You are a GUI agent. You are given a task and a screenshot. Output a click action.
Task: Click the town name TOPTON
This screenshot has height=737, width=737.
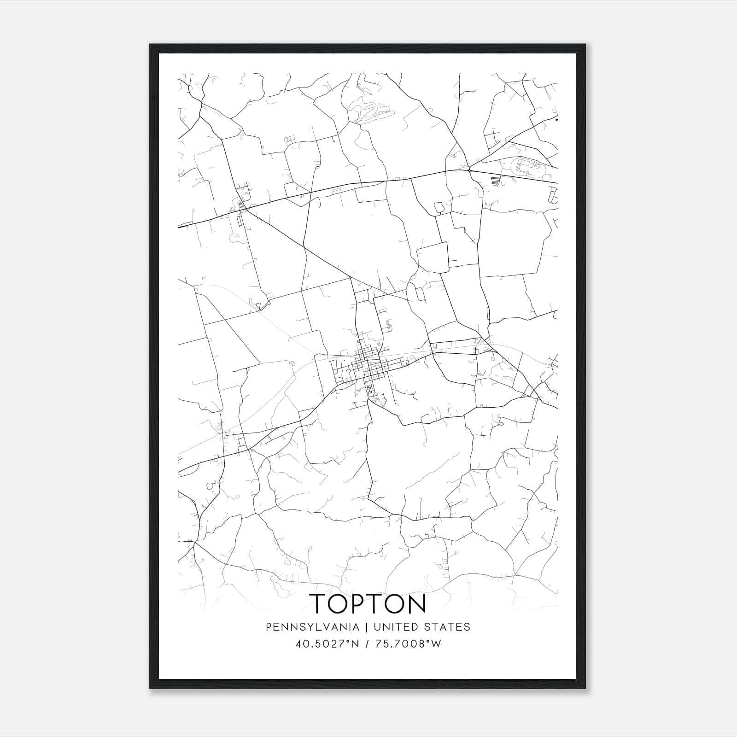pos(368,604)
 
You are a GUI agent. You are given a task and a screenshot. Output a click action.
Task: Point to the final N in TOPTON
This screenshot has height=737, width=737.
pos(416,604)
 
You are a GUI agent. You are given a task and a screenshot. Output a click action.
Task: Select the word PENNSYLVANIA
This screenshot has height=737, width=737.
pos(306,627)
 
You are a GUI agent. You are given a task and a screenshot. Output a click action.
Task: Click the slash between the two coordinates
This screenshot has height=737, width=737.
pos(367,644)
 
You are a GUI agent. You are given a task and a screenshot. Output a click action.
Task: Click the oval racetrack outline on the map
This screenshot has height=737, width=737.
pos(526,166)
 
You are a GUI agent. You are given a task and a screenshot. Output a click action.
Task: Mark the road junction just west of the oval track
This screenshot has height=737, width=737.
pos(469,170)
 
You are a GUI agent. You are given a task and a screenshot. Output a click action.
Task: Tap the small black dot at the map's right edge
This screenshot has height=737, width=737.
pos(556,120)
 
